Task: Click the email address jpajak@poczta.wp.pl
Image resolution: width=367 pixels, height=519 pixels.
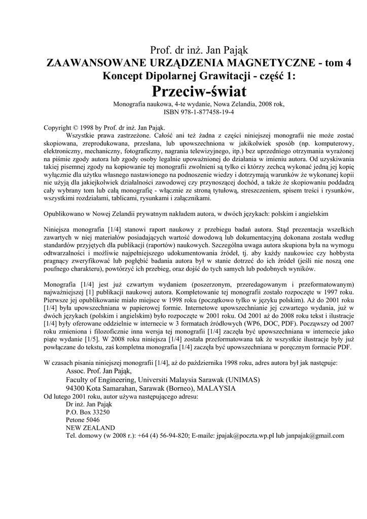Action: point(245,435)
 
